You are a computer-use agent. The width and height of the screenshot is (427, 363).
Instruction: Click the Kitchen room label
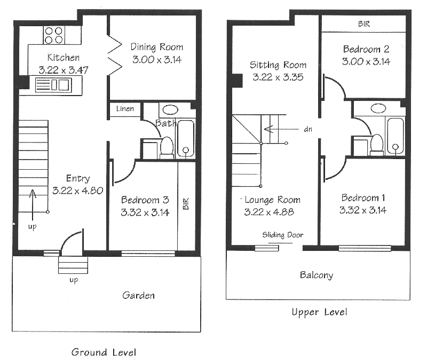pyautogui.click(x=64, y=58)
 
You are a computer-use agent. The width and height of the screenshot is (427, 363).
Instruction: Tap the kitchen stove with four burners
pyautogui.click(x=53, y=35)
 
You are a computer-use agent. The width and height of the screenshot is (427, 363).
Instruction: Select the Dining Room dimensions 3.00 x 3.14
pyautogui.click(x=156, y=60)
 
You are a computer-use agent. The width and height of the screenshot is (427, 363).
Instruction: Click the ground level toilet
pyautogui.click(x=167, y=146)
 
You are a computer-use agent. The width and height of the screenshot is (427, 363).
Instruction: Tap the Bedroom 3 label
pyautogui.click(x=145, y=200)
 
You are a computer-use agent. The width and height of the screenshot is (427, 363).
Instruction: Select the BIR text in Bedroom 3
pyautogui.click(x=186, y=203)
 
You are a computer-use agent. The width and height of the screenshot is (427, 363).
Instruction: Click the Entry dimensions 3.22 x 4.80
pyautogui.click(x=77, y=190)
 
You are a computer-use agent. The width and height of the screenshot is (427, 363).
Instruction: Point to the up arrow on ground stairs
pyautogui.click(x=33, y=203)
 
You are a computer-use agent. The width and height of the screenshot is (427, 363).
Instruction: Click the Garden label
pyautogui.click(x=138, y=295)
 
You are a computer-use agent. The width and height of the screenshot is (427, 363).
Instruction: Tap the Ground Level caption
pyautogui.click(x=104, y=352)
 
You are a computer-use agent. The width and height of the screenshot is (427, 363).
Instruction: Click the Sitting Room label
pyautogui.click(x=278, y=65)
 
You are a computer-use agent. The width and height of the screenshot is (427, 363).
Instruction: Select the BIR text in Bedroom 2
pyautogui.click(x=363, y=25)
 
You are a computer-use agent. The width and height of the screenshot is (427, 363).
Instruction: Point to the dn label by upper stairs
pyautogui.click(x=308, y=129)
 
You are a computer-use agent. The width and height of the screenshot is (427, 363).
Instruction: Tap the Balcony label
pyautogui.click(x=316, y=275)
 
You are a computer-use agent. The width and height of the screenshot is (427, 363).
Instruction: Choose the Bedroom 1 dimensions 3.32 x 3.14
pyautogui.click(x=362, y=210)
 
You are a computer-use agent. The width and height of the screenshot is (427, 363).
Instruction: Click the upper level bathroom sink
pyautogui.click(x=379, y=108)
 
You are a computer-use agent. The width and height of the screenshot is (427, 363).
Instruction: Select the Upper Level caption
pyautogui.click(x=319, y=312)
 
